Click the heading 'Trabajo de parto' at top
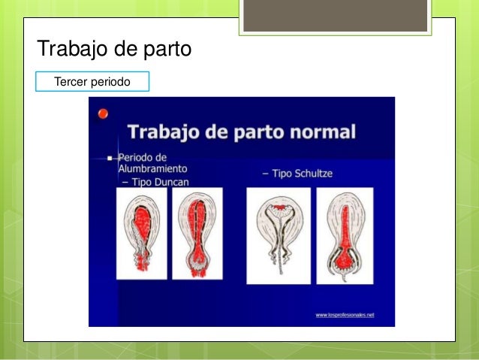pos(114,50)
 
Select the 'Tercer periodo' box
pos(93,80)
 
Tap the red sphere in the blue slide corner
pos(103,113)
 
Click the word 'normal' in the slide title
pos(322,132)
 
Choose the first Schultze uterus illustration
pos(278,235)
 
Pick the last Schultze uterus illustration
pos(345,235)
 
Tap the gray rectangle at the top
pos(335,15)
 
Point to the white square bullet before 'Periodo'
pos(110,159)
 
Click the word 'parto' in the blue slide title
pos(260,132)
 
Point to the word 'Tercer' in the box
pos(71,80)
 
